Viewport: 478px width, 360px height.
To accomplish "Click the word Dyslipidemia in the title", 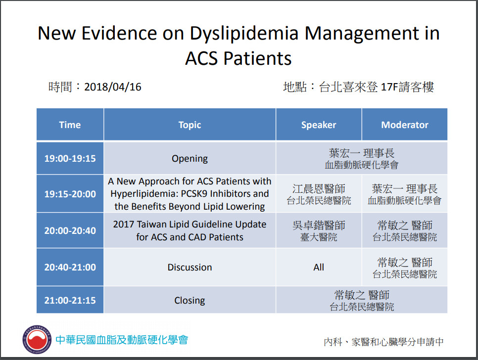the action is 244,34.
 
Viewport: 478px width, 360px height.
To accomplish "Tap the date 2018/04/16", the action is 113,87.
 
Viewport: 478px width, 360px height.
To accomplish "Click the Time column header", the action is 70,125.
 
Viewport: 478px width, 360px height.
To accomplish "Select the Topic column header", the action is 190,125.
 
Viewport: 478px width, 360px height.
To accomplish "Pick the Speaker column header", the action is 319,125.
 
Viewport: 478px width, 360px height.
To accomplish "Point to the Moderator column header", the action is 405,125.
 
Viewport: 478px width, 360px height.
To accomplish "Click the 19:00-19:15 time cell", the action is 70,158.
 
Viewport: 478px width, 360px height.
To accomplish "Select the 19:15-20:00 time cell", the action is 70,194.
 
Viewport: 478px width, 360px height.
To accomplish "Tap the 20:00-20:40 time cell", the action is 70,230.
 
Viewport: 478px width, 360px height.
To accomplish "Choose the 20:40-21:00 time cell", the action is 70,267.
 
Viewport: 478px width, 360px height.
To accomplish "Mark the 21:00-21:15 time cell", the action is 70,300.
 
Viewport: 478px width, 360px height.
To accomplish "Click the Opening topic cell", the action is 190,159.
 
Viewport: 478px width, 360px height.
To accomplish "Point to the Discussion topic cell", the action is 190,267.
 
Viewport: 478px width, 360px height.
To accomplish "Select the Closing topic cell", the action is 190,301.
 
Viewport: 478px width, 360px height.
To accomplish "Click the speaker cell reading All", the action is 319,267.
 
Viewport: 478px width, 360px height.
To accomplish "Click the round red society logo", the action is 37,340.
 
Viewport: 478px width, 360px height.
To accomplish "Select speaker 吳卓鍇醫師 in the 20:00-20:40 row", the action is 319,225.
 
